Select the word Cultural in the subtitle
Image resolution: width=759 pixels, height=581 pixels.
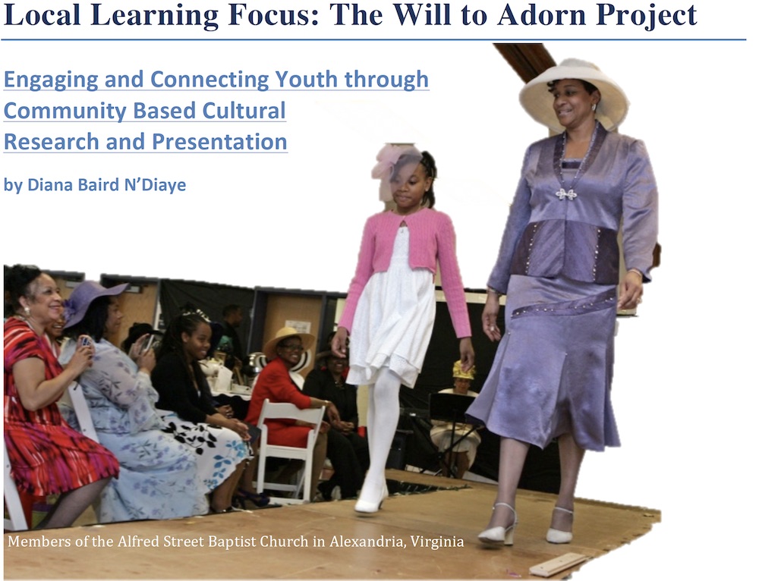pos(244,111)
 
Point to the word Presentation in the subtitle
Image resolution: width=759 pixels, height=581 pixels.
pos(219,142)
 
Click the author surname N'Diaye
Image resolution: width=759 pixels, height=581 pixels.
pos(155,184)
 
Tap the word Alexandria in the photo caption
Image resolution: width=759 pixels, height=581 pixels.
pos(367,542)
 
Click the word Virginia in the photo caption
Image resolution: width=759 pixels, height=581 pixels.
pos(437,542)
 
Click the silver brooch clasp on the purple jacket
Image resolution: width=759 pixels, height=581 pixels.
pos(566,194)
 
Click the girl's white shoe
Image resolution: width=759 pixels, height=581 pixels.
pos(371,501)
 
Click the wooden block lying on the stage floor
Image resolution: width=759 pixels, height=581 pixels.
pos(559,564)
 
